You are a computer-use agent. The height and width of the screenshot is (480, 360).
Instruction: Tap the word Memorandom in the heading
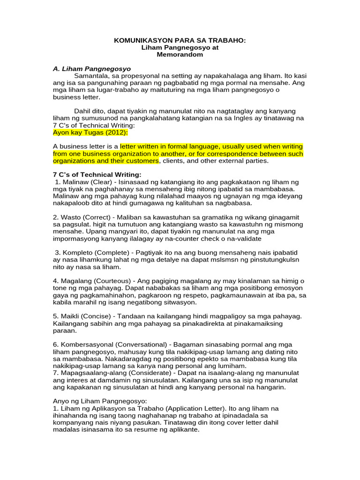[x=180, y=54]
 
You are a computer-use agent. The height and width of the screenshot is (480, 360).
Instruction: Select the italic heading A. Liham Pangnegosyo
[x=91, y=68]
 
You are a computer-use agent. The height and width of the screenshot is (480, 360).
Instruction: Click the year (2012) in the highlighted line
[x=106, y=133]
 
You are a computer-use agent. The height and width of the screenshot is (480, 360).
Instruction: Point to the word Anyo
[x=61, y=401]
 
